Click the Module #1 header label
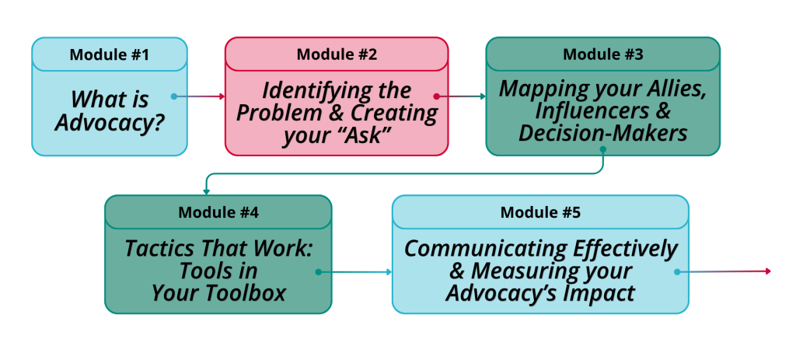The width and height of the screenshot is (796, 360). (x=109, y=54)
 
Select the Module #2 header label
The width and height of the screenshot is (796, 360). (x=336, y=54)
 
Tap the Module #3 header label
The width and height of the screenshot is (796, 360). (x=602, y=54)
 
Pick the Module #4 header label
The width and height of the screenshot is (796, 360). (x=218, y=212)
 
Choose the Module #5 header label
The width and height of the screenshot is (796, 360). (x=539, y=212)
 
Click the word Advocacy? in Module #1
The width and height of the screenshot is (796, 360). (x=109, y=122)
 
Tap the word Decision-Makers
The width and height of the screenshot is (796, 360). (x=602, y=133)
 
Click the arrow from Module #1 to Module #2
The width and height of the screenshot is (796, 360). (x=199, y=96)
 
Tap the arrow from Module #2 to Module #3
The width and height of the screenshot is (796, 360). (x=460, y=96)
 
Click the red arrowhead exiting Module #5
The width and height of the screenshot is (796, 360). (x=767, y=271)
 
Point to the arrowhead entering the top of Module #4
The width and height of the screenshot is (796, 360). (x=206, y=190)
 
